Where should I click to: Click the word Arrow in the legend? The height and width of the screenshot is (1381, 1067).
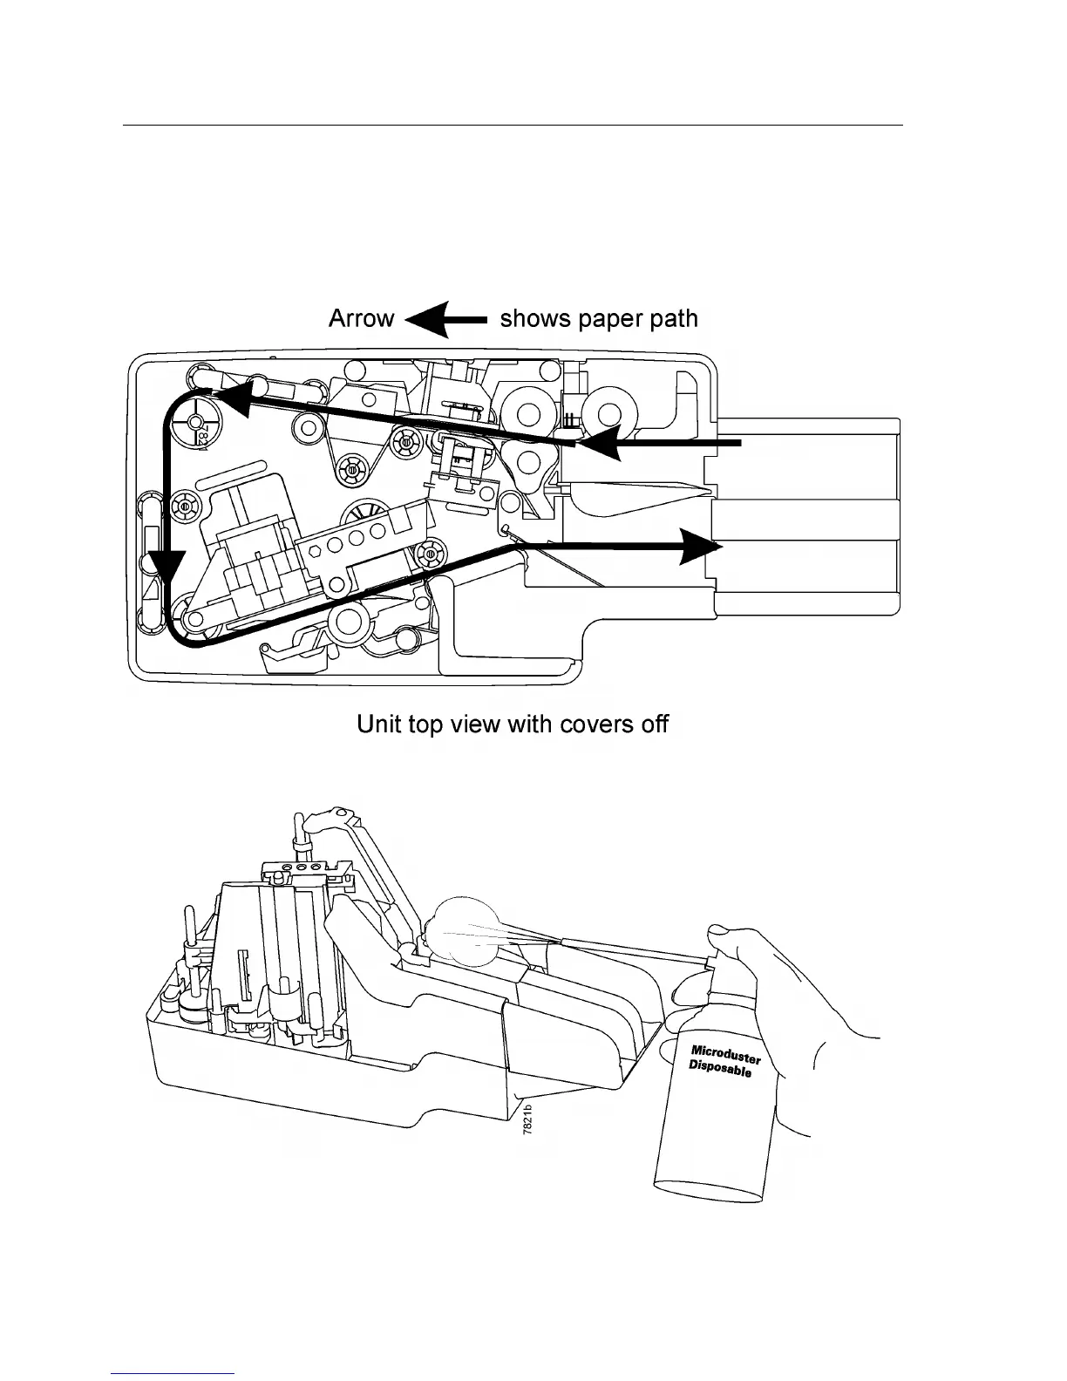pos(361,319)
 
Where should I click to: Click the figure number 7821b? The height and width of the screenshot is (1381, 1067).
pos(527,1117)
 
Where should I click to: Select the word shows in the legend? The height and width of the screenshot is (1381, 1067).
pos(534,319)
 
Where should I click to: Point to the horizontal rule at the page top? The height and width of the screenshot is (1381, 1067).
pos(512,125)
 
